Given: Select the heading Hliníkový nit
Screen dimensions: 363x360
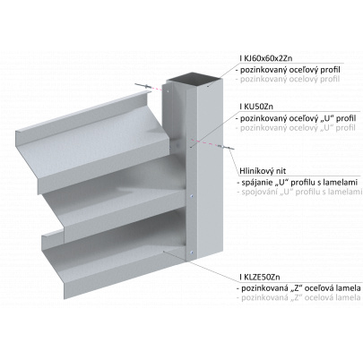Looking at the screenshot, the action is click(263, 171).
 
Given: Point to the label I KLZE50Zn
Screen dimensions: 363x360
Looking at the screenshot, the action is click(260, 277).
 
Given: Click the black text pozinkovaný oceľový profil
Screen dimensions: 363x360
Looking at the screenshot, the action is click(288, 70).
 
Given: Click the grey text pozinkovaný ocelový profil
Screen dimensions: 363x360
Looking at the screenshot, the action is click(288, 80).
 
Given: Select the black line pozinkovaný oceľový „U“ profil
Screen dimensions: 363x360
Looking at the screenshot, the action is click(296, 118).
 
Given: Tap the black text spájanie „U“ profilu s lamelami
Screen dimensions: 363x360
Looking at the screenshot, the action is click(298, 183).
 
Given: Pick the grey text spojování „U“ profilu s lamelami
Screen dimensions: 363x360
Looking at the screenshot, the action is click(298, 192).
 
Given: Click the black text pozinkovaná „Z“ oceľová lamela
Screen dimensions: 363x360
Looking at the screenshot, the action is click(298, 288).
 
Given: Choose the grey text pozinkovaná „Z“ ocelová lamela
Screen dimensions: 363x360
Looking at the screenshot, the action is click(298, 297).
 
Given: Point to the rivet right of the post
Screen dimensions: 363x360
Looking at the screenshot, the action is click(226, 147).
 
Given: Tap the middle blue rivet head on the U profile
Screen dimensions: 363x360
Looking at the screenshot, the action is click(191, 196).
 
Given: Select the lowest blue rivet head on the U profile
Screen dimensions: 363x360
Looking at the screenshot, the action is click(191, 253).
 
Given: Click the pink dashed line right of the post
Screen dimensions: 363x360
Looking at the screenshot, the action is click(205, 142).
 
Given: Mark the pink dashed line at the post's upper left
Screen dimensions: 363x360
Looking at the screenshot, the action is click(156, 89).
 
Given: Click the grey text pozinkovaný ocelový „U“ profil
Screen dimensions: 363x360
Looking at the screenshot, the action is click(296, 128).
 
